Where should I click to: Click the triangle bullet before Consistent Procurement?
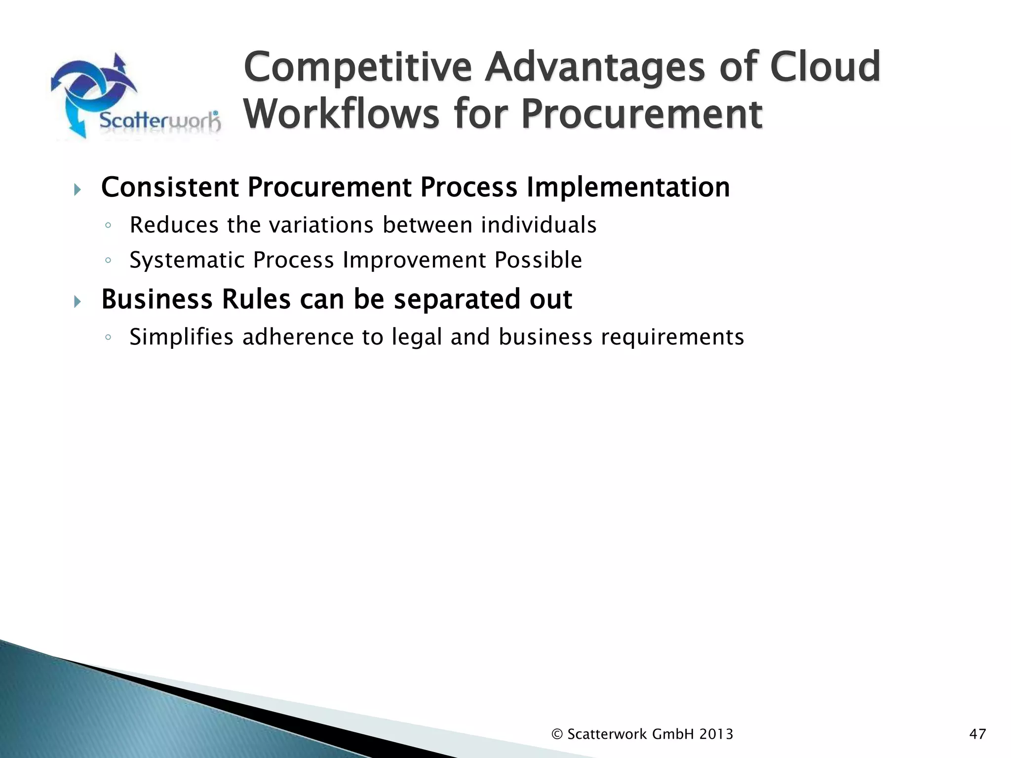coord(77,189)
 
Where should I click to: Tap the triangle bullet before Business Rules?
coord(77,301)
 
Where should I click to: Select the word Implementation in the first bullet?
coord(628,188)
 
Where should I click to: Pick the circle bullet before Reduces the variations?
coord(108,226)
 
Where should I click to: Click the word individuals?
coord(539,225)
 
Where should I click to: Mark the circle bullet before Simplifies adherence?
coord(108,338)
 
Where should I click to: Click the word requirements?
coord(672,338)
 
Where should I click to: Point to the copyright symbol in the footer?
coord(557,734)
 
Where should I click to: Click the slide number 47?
coord(977,734)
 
